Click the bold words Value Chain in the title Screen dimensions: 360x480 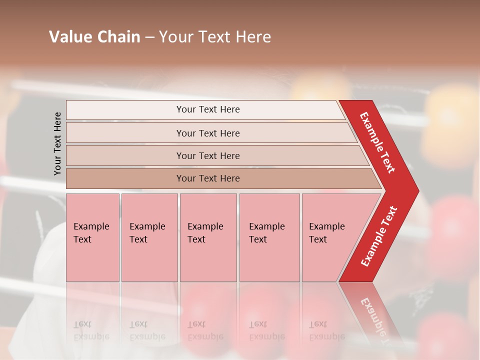94,36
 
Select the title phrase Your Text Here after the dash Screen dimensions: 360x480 215,36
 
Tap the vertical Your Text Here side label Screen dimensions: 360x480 57,143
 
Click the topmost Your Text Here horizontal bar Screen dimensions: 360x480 208,109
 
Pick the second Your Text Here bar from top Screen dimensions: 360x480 208,133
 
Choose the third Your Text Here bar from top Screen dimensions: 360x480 208,155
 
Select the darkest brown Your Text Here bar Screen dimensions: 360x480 208,178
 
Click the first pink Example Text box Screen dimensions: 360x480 92,237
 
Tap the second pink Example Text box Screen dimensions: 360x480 149,237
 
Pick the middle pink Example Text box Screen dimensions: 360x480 208,237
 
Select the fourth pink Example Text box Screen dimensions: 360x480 269,237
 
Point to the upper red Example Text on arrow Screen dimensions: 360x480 377,142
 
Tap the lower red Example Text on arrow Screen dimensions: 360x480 379,236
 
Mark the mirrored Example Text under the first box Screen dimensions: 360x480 91,330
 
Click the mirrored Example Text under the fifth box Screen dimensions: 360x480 326,330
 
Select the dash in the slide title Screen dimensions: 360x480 149,37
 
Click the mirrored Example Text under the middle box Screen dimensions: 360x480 205,330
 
